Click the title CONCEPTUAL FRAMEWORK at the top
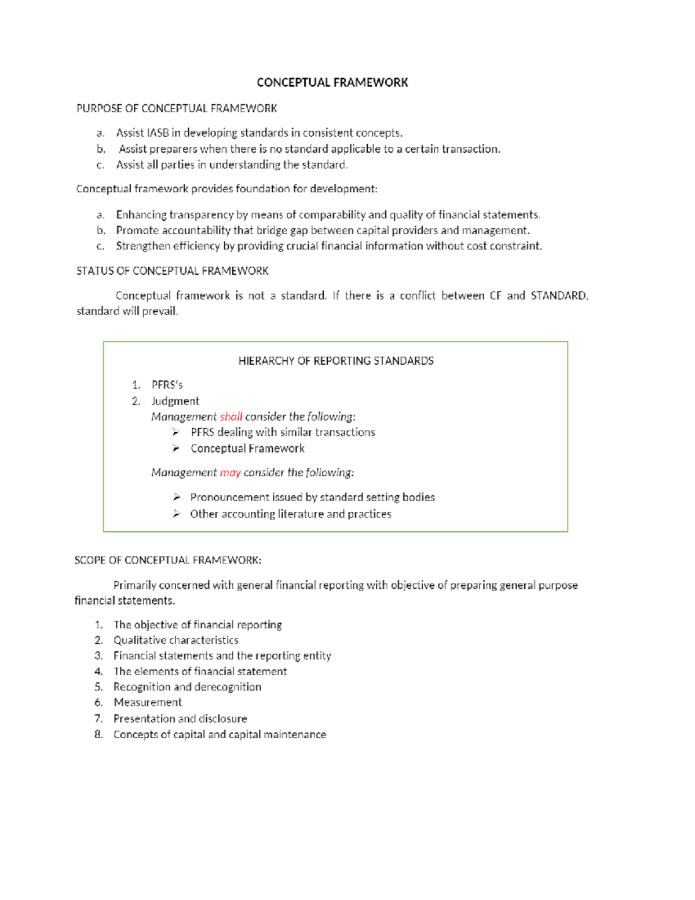pos(332,82)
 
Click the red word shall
pos(231,417)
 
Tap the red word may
pos(230,473)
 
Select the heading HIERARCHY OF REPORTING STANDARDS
pos(336,361)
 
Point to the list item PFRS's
pos(167,385)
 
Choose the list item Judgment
pos(175,401)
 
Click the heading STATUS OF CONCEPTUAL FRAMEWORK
pos(173,271)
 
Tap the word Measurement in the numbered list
pos(148,702)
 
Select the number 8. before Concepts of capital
pos(98,734)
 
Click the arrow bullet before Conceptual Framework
pos(175,449)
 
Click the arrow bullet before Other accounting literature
pos(176,514)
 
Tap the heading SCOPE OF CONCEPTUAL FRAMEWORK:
pos(168,560)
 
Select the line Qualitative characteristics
pos(175,640)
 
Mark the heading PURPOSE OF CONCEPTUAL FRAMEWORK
pos(177,108)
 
